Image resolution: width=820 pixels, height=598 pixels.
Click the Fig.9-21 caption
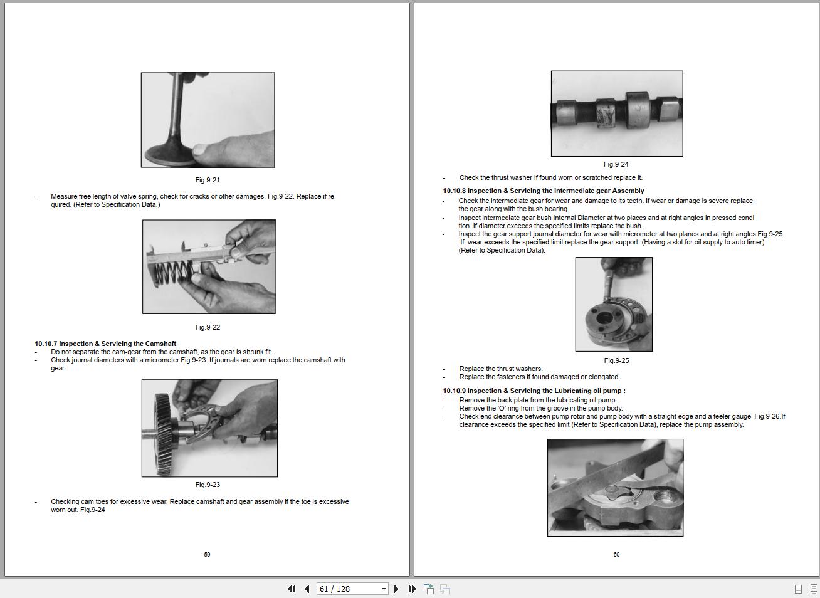(x=208, y=180)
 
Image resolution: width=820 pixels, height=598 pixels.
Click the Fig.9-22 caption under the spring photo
(x=208, y=327)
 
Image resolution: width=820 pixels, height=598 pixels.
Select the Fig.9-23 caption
(x=208, y=485)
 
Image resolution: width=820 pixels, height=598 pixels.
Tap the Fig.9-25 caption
(x=616, y=360)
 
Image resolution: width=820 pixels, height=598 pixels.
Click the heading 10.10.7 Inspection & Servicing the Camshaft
(x=105, y=344)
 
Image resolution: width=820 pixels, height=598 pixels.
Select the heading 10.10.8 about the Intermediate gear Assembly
(x=543, y=191)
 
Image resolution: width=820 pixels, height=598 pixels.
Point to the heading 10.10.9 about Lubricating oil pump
(x=534, y=391)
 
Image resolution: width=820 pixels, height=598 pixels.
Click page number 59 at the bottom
(x=207, y=554)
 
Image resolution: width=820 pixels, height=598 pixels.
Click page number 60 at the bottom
(x=616, y=554)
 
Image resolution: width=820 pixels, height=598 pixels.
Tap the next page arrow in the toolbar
(x=396, y=589)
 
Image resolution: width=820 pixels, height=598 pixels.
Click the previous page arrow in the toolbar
(x=307, y=589)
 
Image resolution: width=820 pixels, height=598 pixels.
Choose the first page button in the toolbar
(x=292, y=589)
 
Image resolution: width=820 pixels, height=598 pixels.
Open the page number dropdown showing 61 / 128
(x=384, y=589)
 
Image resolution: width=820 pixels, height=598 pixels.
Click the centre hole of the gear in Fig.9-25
(x=604, y=317)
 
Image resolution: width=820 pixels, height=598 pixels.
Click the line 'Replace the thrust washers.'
(x=501, y=369)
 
